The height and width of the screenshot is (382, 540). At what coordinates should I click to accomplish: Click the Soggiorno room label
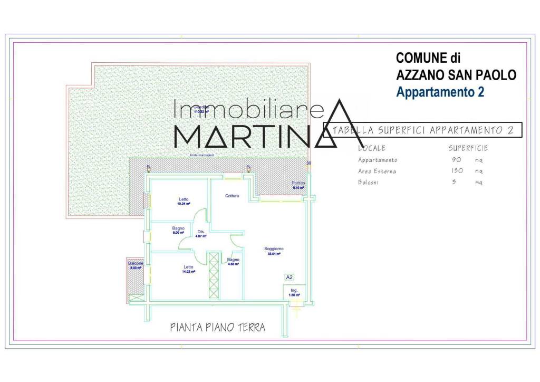274,249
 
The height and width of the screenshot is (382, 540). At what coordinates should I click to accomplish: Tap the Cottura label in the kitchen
232,196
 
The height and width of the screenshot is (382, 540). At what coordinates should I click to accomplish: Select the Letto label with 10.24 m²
183,199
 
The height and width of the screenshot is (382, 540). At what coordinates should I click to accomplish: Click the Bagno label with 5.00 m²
178,228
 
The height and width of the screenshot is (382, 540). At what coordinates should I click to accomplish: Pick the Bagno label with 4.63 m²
233,260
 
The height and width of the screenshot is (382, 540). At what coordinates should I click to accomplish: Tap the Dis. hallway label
200,232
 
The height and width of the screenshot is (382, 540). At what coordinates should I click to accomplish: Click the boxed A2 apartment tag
289,276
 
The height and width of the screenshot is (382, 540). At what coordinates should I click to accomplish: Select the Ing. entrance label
294,290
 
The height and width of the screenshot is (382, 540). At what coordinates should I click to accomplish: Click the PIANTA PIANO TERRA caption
217,328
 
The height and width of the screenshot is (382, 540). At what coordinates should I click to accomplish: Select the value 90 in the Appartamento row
456,160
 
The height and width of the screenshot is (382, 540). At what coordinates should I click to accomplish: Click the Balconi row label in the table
368,183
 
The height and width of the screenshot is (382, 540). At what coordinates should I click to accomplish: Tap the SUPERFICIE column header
468,148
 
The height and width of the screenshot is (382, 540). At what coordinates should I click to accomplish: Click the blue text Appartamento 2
440,92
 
